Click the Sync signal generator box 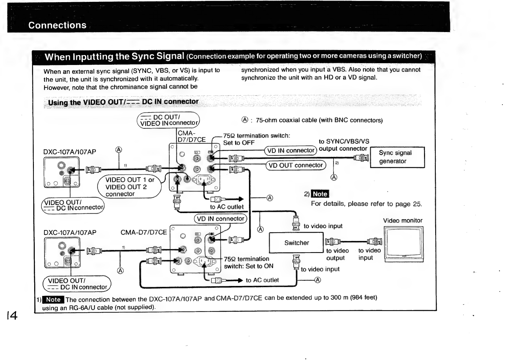[397, 157]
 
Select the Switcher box [296, 243]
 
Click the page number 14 [12, 315]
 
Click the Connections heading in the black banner [57, 25]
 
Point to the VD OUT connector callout [295, 165]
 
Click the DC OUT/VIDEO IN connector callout [168, 120]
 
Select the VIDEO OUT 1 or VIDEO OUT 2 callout [129, 187]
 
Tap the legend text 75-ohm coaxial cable [319, 120]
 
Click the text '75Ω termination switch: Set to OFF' [256, 139]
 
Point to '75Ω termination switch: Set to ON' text [249, 262]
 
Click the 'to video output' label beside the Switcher [338, 254]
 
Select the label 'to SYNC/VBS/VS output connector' [344, 145]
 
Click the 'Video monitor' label [403, 220]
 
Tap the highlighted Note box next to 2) [320, 194]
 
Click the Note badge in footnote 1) [53, 300]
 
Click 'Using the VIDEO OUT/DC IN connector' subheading [123, 102]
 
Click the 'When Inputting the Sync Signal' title [114, 57]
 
